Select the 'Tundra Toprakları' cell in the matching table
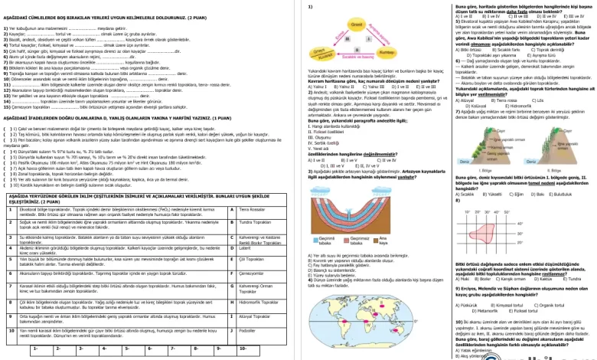coord(256,222)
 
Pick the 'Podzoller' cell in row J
coord(256,330)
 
